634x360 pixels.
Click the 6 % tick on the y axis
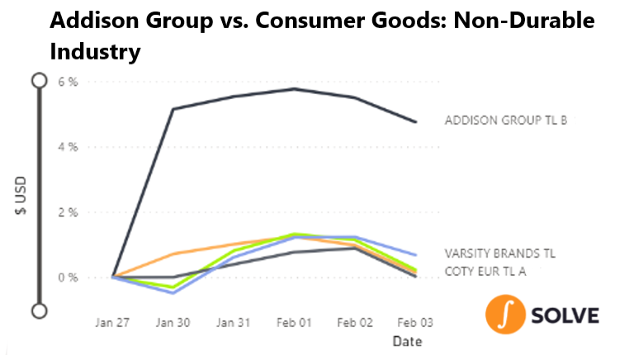[68, 82]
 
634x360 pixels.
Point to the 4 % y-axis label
[68, 147]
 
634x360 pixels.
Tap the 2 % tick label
[68, 212]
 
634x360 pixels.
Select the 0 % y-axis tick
[68, 278]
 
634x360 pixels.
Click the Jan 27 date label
[112, 323]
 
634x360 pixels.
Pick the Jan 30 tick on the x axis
[173, 323]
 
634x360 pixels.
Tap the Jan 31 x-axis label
[234, 323]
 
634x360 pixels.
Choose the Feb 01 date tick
[294, 323]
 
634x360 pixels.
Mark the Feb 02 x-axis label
[355, 323]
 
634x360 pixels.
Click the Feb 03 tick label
[415, 323]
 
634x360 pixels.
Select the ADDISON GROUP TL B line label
[506, 121]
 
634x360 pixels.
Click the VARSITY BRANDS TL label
[500, 253]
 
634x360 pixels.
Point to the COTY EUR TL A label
[485, 272]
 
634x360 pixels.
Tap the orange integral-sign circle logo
[505, 315]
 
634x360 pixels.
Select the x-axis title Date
[408, 341]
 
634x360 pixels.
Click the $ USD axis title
[21, 196]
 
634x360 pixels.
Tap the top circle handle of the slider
[40, 80]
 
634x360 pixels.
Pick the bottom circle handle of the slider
[40, 311]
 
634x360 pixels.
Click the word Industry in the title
[96, 52]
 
